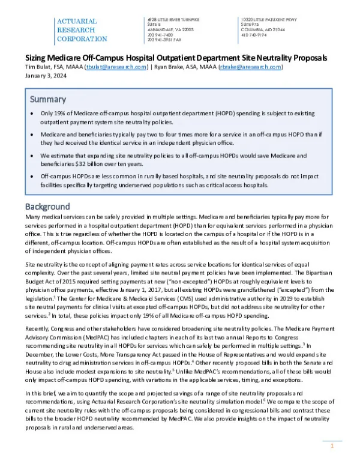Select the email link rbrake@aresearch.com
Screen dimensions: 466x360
[x=250, y=67]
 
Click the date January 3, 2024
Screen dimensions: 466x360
[x=44, y=76]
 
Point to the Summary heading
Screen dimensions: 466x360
[x=50, y=99]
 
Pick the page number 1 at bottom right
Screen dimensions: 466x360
[x=331, y=447]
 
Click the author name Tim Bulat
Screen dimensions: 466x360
[x=37, y=67]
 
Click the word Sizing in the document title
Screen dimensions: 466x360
[x=36, y=58]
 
